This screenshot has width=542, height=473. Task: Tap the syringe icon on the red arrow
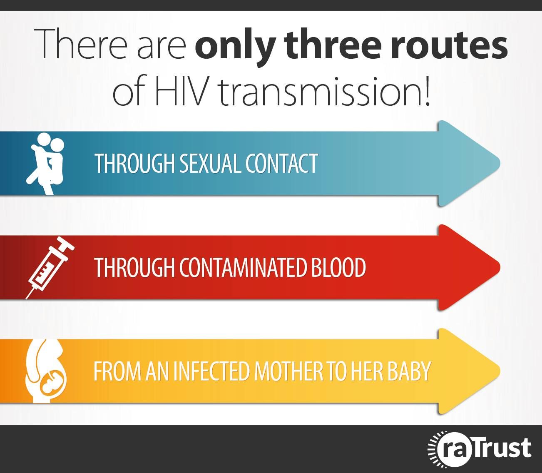click(50, 267)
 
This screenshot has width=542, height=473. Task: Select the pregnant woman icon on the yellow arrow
click(46, 371)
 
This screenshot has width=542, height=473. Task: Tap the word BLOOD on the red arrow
click(338, 267)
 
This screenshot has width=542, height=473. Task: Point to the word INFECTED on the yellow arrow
click(211, 371)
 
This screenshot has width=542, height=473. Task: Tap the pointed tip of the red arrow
click(500, 267)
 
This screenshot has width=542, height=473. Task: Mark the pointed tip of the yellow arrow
click(500, 371)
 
